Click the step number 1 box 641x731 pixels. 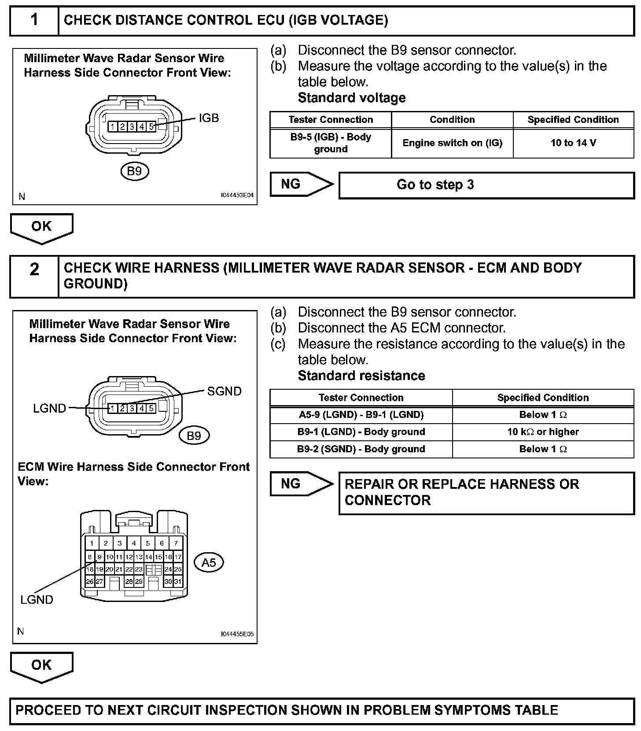[34, 20]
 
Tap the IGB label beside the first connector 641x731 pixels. [209, 118]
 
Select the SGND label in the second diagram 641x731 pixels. [224, 391]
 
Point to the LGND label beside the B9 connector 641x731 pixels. [49, 408]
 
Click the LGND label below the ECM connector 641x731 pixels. [37, 599]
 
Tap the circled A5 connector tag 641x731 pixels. [209, 562]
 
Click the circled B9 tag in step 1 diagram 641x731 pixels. [134, 171]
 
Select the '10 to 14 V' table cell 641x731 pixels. [573, 143]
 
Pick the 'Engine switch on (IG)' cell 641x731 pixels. [452, 143]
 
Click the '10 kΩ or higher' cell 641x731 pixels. [543, 432]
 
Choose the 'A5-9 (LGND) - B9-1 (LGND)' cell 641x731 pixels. [361, 414]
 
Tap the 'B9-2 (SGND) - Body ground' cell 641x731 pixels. [361, 449]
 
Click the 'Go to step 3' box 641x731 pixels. [486, 185]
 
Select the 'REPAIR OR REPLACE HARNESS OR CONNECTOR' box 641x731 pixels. [486, 492]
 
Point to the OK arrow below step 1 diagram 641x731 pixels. [41, 227]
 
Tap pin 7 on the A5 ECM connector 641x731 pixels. [176, 543]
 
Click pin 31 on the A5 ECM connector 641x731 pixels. [178, 581]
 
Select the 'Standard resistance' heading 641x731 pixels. [361, 376]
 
